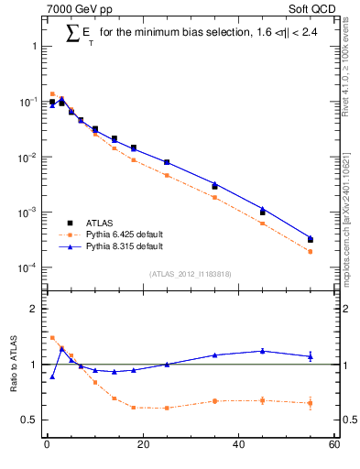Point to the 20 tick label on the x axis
[142, 446]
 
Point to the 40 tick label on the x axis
[238, 446]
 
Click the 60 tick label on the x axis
[333, 446]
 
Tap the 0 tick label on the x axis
[47, 446]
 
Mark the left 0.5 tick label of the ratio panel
[30, 420]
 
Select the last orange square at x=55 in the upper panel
[311, 251]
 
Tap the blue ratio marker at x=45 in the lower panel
[263, 351]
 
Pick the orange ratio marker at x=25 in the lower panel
[167, 408]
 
